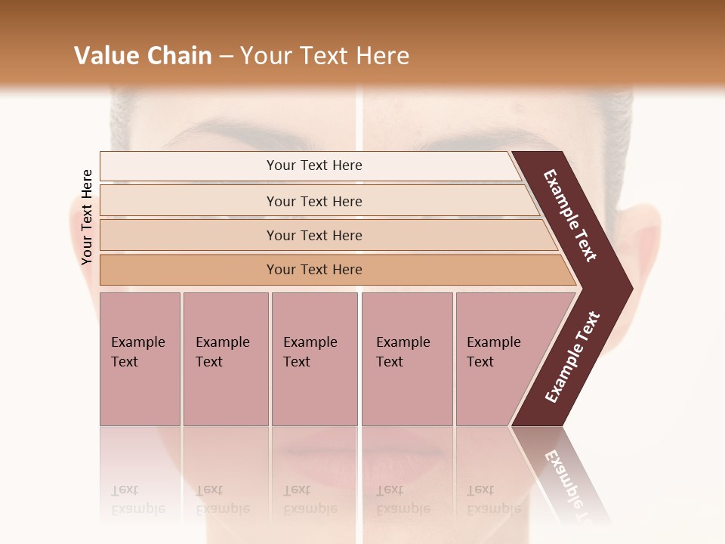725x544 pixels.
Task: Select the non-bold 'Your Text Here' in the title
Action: [x=325, y=56]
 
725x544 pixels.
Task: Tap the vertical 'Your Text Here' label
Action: [x=87, y=217]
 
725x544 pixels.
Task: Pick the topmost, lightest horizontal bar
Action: [x=314, y=165]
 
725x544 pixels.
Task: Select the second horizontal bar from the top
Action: [x=314, y=201]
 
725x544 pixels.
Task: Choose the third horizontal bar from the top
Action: [x=314, y=235]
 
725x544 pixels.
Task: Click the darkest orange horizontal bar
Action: [x=314, y=270]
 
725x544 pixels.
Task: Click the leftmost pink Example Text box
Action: [x=140, y=358]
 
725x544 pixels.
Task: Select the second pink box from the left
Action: [x=225, y=358]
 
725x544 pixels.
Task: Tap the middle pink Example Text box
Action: [x=314, y=358]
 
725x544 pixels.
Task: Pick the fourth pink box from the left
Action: [x=406, y=358]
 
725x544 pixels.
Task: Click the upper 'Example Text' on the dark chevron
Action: [x=571, y=215]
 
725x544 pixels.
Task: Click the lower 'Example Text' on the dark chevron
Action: [x=572, y=357]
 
